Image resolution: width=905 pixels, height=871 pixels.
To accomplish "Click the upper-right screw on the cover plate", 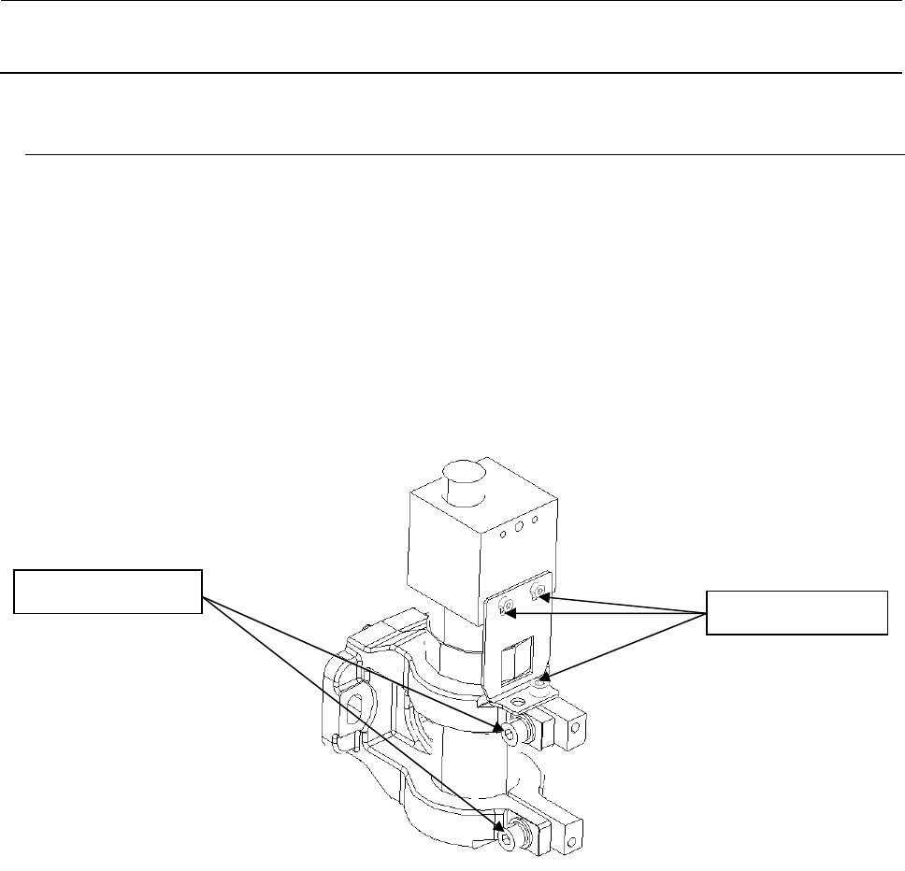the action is (x=538, y=591).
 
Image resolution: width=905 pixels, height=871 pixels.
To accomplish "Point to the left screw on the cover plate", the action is (x=508, y=608).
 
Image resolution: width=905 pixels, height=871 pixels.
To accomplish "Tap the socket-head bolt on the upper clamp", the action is (x=510, y=732).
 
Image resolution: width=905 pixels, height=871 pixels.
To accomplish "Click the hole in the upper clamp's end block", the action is (x=576, y=726).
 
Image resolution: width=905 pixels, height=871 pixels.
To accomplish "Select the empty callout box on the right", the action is (x=796, y=612).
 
